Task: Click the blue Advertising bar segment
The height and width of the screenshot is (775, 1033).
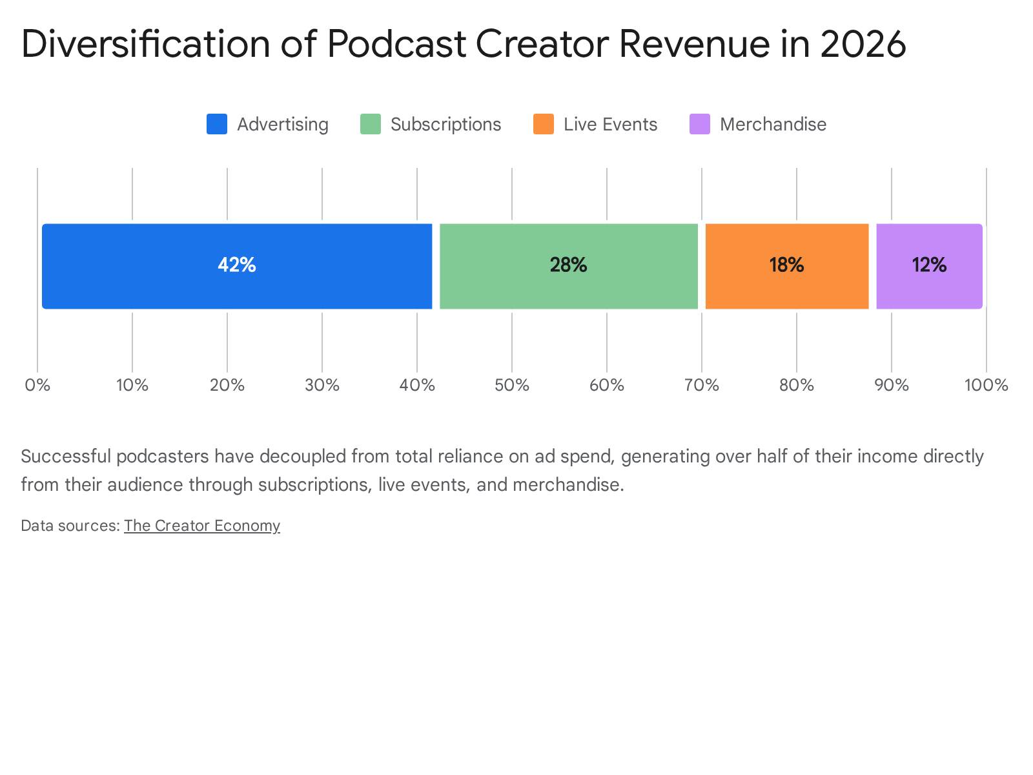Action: [x=237, y=266]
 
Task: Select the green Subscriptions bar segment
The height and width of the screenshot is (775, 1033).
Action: [x=569, y=266]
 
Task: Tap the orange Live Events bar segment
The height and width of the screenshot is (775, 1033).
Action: [x=787, y=266]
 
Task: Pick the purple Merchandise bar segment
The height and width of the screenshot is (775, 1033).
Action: [x=930, y=266]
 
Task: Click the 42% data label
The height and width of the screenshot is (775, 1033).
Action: [x=237, y=265]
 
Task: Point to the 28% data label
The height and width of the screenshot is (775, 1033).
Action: [x=569, y=265]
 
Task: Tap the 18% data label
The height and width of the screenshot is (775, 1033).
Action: [x=787, y=265]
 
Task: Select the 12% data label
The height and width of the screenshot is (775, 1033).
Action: [x=930, y=265]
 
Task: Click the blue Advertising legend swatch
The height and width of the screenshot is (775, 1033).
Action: [x=217, y=124]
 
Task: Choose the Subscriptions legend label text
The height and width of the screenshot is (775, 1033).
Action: [x=445, y=125]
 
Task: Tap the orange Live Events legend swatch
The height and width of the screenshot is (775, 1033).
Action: [x=544, y=124]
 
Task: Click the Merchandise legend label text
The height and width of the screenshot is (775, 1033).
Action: [x=773, y=125]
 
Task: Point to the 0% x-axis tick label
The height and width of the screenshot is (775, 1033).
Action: [x=37, y=386]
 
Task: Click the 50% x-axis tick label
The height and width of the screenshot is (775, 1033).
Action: [x=512, y=386]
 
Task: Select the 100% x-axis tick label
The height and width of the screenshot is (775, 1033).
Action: [x=987, y=386]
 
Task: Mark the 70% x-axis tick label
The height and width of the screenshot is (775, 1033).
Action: [x=702, y=386]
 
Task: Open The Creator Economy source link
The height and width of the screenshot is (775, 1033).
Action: [x=202, y=526]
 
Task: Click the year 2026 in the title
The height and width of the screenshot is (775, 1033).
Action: [x=863, y=44]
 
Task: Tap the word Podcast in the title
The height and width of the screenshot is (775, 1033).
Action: [x=396, y=44]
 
